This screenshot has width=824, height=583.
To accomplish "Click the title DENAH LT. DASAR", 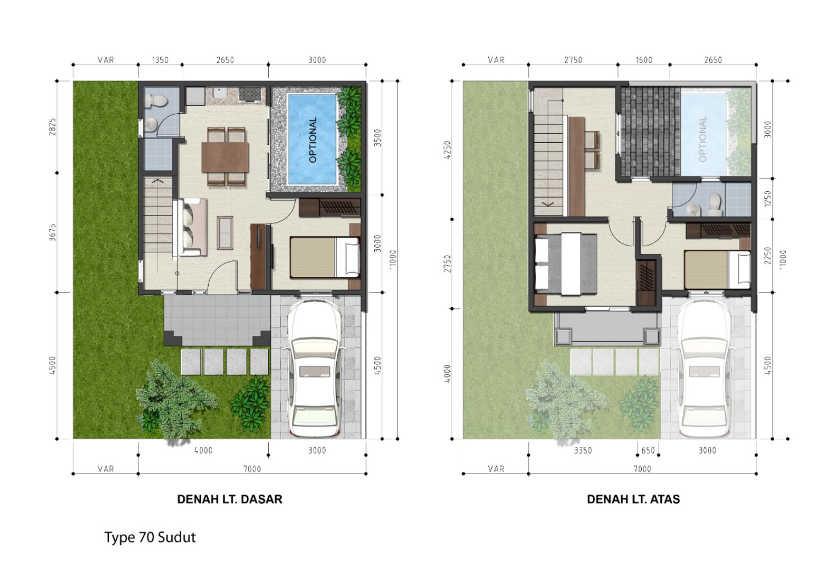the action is coord(230,499).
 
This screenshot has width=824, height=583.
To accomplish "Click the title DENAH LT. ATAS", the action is coord(633,499).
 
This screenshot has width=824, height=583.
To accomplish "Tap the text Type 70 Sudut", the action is coord(150,538).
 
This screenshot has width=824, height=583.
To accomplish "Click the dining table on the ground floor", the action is coord(225,157).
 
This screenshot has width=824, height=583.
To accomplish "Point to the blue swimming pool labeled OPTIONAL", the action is coord(312,140).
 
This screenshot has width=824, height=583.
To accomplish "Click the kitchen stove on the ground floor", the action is coord(250,94).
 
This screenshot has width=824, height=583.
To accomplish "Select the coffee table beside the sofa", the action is coord(225,233).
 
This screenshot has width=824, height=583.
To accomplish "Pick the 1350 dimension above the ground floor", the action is coord(160,60).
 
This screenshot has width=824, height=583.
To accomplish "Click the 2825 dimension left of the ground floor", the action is coord(53,127).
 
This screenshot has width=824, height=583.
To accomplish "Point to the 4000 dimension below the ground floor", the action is coord(203,451).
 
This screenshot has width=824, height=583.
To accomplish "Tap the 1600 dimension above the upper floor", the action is coord(644,60).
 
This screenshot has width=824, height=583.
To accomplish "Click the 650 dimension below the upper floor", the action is coord(648,451).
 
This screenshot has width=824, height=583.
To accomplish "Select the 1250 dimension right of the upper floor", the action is coord(767,199).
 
